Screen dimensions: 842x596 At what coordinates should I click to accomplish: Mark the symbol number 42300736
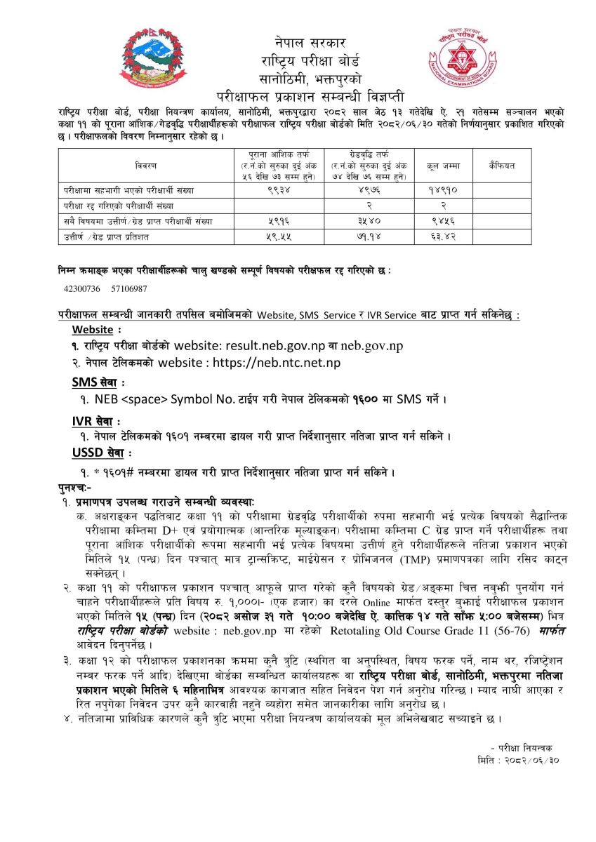coord(82,288)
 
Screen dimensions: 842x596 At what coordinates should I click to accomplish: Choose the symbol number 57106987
coord(128,288)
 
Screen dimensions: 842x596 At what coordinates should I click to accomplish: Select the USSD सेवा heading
coord(100,454)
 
